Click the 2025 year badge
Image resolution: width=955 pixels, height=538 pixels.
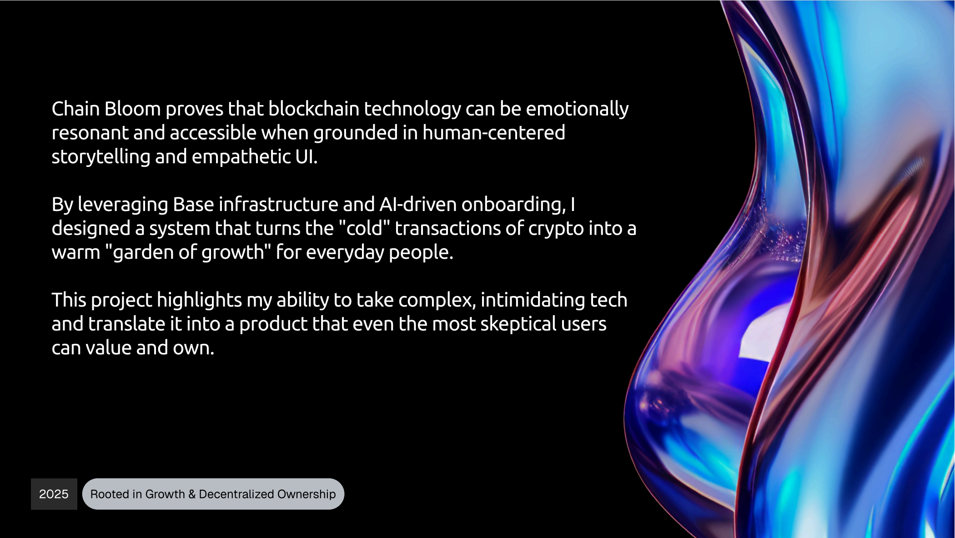(x=54, y=494)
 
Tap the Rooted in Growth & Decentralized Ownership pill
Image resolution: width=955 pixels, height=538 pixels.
(x=213, y=494)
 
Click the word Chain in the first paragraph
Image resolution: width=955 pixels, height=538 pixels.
(x=75, y=109)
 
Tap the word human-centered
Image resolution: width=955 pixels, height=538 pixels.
(x=494, y=133)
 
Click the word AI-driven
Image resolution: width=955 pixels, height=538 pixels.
(x=418, y=205)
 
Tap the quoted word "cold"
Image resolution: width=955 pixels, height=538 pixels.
(x=365, y=228)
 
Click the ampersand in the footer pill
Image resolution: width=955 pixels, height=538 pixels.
(x=192, y=494)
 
